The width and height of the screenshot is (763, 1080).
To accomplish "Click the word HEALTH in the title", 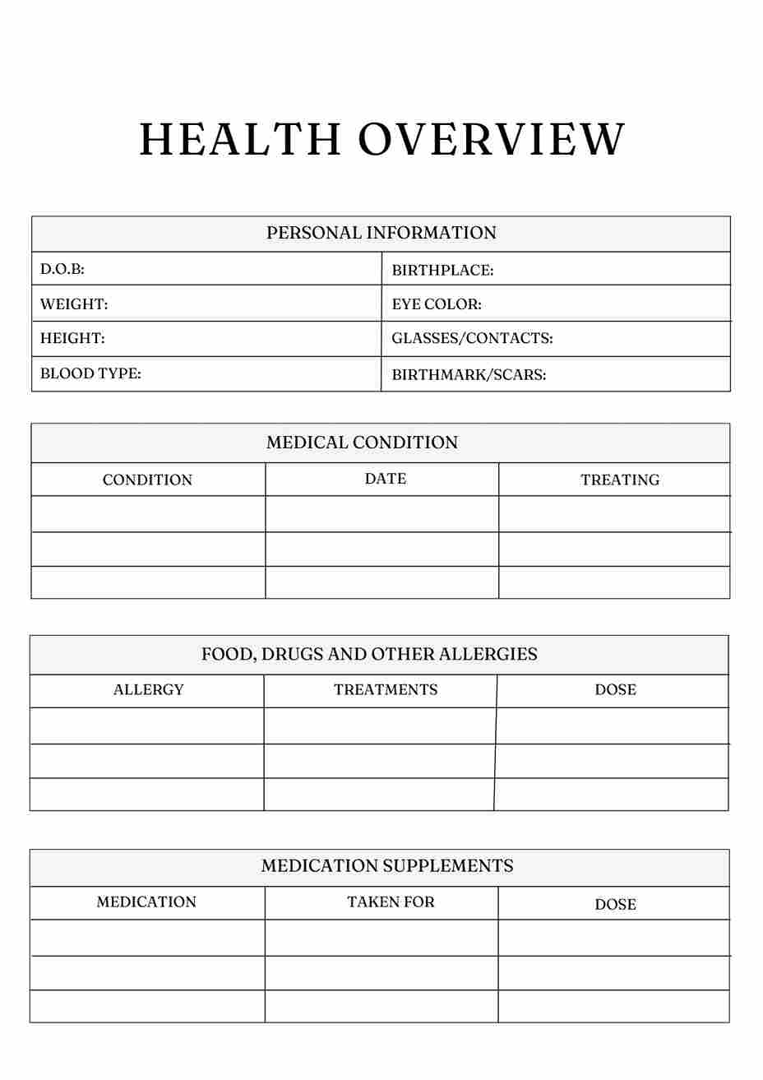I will point(239,139).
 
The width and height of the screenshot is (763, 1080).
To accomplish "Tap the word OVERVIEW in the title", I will point(492,139).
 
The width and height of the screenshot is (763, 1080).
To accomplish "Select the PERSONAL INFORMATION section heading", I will point(381,233).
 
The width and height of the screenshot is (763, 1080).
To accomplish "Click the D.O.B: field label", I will point(62,269).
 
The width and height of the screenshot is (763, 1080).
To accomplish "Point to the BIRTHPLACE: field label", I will point(442,270).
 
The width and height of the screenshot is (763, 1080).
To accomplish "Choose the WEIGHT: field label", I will point(74,304).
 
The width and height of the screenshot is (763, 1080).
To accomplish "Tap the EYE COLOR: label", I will point(437,304).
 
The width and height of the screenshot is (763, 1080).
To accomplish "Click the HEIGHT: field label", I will point(72,338).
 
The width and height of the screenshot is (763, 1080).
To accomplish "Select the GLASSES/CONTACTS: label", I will point(472,338).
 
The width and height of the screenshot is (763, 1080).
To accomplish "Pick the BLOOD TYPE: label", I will point(90,373).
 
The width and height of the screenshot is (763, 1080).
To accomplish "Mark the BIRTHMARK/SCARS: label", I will point(469,375).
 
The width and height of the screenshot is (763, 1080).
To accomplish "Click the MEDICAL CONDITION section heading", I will point(362,443).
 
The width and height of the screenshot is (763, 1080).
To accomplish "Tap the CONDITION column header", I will point(147,480).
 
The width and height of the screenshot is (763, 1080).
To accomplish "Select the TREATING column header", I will point(620,480).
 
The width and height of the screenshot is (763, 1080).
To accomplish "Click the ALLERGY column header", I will point(149,690).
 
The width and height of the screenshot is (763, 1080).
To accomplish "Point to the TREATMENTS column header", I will point(386,690).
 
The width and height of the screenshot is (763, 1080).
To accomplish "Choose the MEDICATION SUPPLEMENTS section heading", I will point(387,866).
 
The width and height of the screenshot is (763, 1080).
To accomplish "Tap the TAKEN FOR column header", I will point(391,902).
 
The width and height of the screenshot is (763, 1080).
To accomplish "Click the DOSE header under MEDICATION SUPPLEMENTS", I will point(615,905).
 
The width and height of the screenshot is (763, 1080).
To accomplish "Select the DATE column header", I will point(386,479).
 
